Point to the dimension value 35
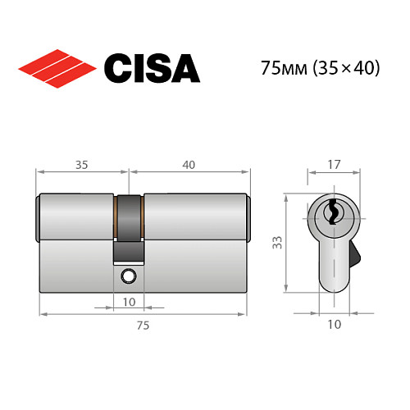(x=81, y=164)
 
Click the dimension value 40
(x=189, y=164)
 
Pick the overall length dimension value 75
(x=142, y=326)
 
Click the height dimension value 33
(x=278, y=242)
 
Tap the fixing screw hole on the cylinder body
(x=129, y=276)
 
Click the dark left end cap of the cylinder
(x=40, y=218)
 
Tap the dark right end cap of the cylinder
(x=247, y=218)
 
